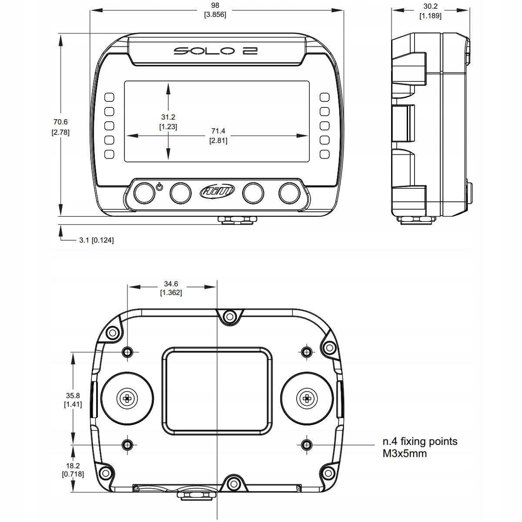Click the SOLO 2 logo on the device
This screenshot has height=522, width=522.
click(x=216, y=51)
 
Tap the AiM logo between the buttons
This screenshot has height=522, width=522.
click(x=217, y=191)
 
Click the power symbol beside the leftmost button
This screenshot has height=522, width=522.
click(x=159, y=187)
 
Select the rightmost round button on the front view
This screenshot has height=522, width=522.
click(x=290, y=193)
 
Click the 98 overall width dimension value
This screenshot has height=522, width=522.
click(x=215, y=5)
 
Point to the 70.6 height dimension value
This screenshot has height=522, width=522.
click(x=60, y=122)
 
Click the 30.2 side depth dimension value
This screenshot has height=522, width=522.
click(x=430, y=7)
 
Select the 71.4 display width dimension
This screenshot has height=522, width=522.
click(x=218, y=131)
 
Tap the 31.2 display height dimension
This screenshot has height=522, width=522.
click(x=168, y=117)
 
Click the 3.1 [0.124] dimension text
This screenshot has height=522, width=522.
click(x=96, y=240)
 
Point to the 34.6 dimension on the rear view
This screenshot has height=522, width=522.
click(x=171, y=284)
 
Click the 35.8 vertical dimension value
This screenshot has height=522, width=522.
click(x=73, y=396)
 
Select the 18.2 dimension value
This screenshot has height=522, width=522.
click(x=73, y=465)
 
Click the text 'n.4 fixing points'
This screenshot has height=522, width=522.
click(x=420, y=442)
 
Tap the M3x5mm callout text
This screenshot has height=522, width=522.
click(x=405, y=454)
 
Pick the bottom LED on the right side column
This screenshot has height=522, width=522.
click(x=325, y=154)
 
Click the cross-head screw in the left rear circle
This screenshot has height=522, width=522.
click(x=127, y=398)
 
